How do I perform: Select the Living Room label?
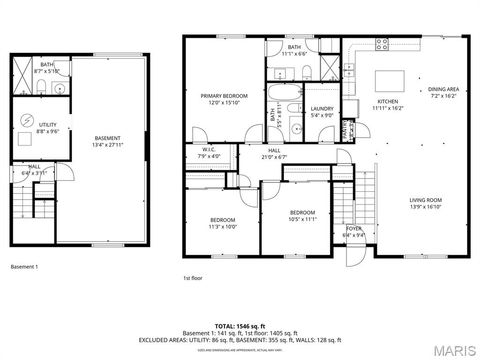point(425,200)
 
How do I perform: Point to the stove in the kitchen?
point(381,43)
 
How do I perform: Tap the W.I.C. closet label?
point(207,151)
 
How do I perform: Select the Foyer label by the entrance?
point(353,229)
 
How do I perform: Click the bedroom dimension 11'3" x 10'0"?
point(222,226)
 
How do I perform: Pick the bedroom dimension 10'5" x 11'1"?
point(303,219)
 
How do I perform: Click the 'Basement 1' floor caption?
point(24,267)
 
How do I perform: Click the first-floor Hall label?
point(272,151)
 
